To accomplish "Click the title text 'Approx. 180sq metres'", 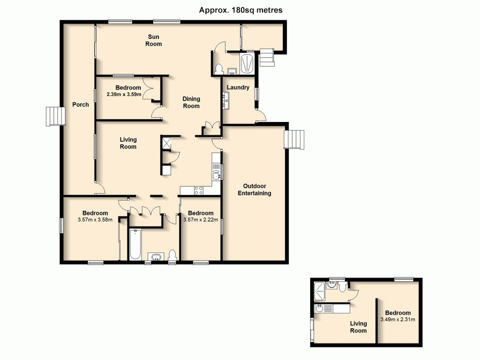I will coord(240,10).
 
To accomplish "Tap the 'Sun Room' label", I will coord(154,40).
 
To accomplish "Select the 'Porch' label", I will coord(80,104).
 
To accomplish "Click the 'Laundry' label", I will coord(238,87).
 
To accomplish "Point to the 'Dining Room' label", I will coord(191,102).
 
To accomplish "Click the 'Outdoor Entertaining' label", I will coord(257,190).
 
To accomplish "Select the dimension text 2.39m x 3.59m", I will coord(124,95).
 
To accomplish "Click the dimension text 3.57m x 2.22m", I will coord(201,220).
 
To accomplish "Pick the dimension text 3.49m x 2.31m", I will coord(397,319).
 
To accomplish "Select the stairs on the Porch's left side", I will coord(55,116).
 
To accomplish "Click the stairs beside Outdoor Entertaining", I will coord(294,140).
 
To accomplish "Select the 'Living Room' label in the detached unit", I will coord(358,327).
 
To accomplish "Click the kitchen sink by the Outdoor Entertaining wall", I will coord(217,172).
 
